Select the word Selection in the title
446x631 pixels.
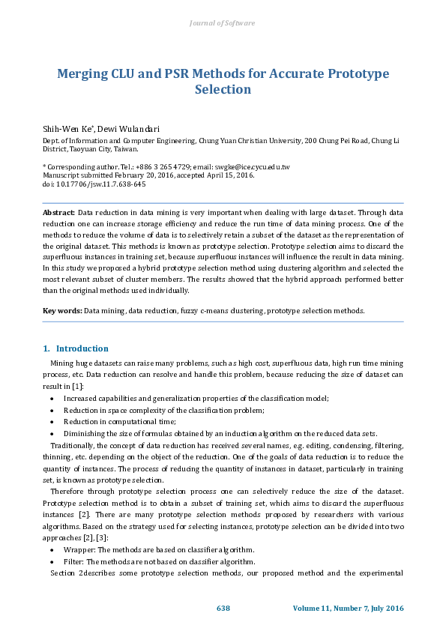223,90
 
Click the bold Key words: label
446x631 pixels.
62,310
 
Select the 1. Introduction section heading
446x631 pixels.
76,348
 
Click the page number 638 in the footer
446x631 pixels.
223,608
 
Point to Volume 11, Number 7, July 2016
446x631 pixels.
348,608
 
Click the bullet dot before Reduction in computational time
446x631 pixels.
51,423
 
